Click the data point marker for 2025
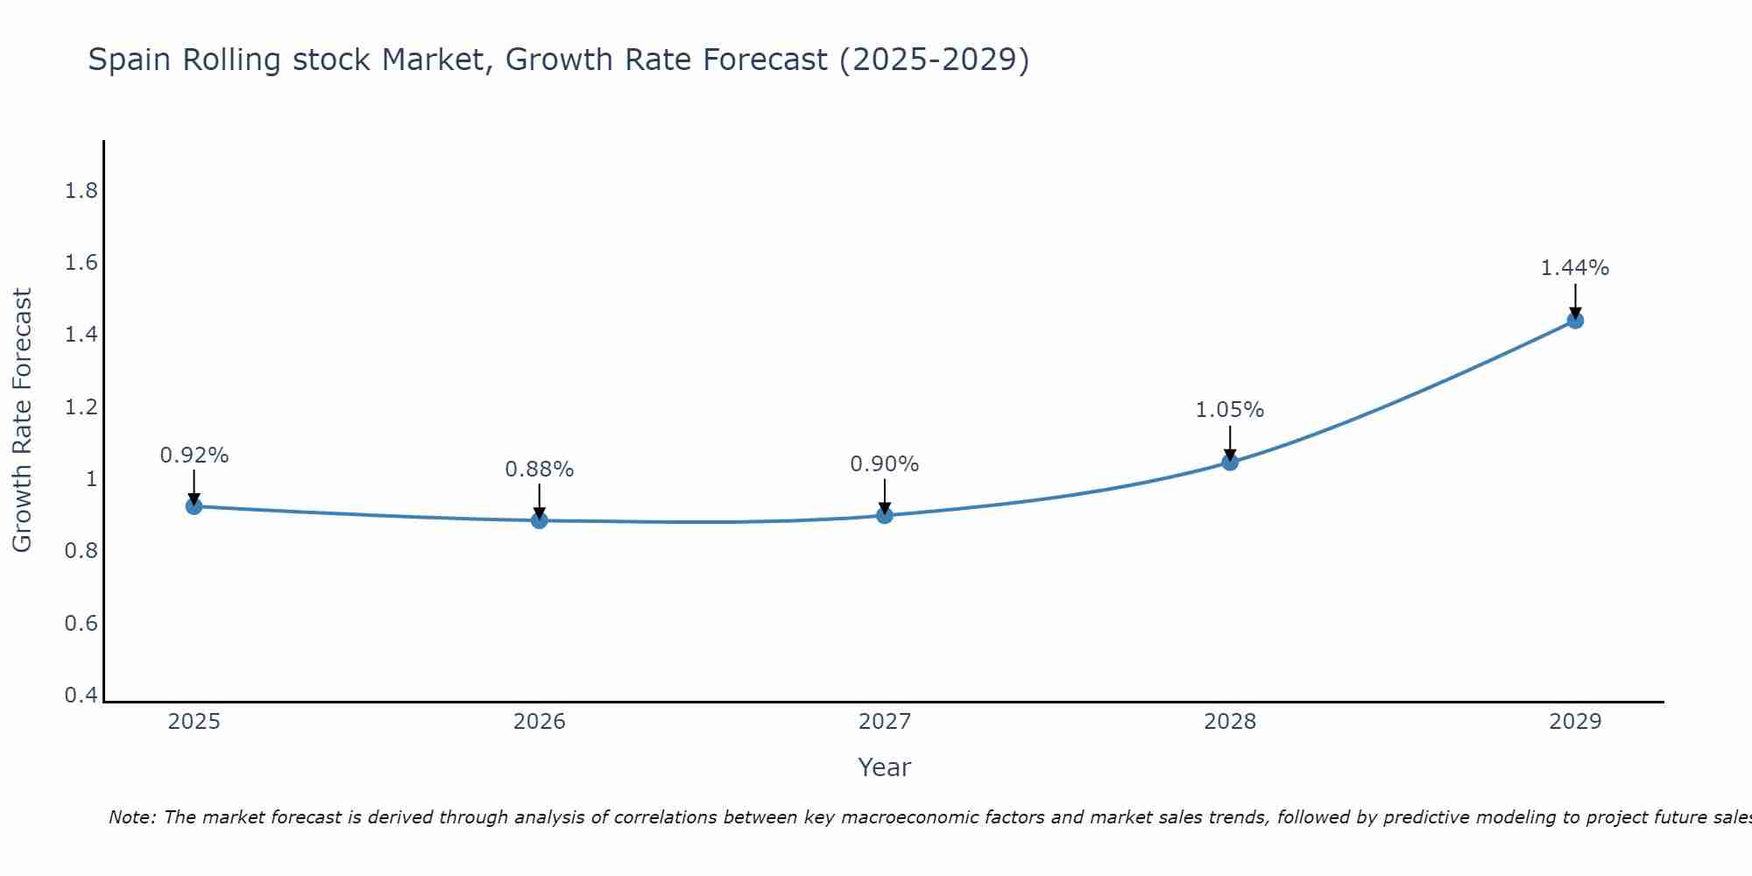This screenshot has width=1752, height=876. [194, 506]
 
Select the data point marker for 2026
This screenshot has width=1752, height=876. [540, 520]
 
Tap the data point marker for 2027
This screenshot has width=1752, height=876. [885, 515]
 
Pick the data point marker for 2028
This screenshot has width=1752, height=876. [1230, 462]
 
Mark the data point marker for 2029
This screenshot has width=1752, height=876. [1575, 321]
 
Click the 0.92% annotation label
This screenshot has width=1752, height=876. [194, 456]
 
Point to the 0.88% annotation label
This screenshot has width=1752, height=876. [540, 470]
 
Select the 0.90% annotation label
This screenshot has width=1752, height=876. [885, 464]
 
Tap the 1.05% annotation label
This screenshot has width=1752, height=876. [1230, 410]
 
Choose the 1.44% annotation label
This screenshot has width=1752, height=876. [1575, 268]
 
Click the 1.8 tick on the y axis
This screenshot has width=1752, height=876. [81, 191]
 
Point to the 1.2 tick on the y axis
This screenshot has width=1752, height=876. [81, 407]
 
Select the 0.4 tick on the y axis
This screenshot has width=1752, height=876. [81, 696]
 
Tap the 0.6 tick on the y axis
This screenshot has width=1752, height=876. [81, 624]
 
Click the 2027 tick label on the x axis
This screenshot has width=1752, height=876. [885, 722]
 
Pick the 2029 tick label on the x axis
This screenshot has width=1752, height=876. [1575, 722]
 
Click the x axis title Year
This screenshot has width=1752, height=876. [885, 767]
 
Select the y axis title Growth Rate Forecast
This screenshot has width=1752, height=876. [22, 420]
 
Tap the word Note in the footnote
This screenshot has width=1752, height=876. [131, 817]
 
